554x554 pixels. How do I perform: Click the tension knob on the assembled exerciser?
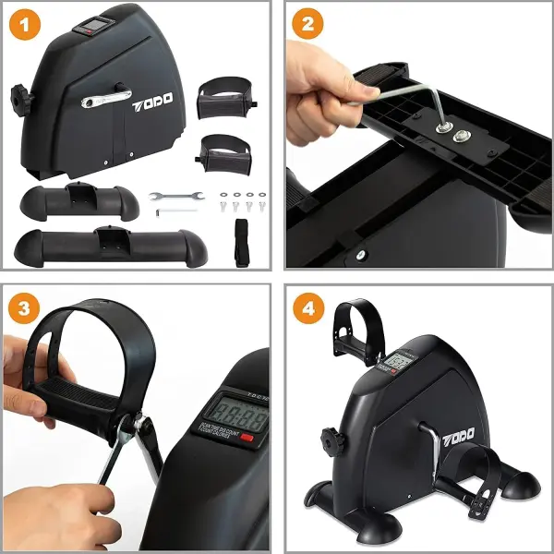tap(328, 435)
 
